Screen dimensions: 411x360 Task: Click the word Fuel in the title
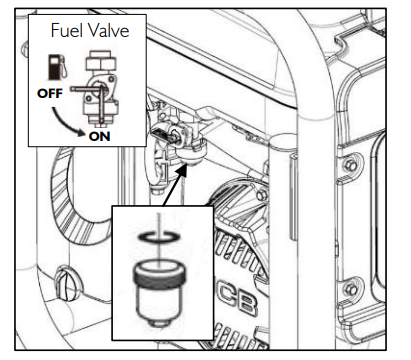point(65,31)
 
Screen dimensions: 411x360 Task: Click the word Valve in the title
point(106,31)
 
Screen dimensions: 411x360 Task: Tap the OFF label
point(50,94)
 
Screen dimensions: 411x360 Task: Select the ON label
point(100,136)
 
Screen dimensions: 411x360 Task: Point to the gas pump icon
point(57,67)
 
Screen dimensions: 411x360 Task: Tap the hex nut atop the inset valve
point(98,60)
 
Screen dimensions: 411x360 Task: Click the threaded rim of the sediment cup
point(159,274)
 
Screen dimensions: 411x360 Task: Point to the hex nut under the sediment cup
point(159,323)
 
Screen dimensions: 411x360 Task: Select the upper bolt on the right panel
point(349,164)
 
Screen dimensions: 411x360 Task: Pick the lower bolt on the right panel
point(350,289)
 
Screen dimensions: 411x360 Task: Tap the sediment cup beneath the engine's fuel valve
point(189,155)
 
